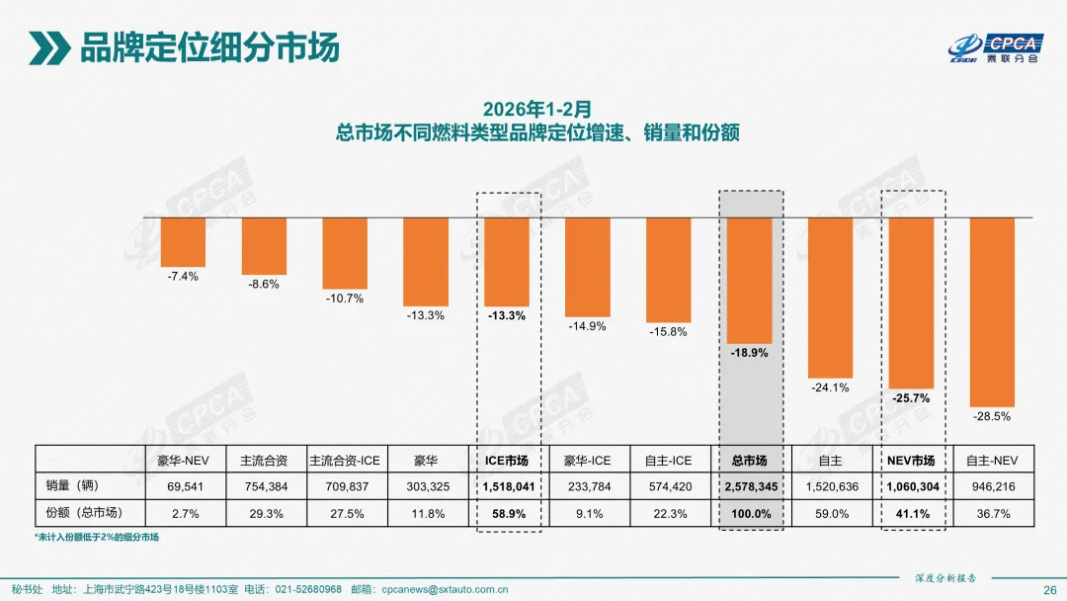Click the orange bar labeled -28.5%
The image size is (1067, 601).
coord(992,310)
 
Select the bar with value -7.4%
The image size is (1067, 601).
coord(183,241)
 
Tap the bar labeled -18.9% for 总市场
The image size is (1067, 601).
coord(750,280)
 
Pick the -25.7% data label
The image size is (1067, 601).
coord(911,397)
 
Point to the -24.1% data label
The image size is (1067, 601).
coord(830,387)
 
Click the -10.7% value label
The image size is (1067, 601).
coord(345,299)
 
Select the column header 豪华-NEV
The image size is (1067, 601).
coord(183,461)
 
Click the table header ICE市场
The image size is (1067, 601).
coord(507,461)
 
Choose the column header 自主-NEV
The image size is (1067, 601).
coord(992,461)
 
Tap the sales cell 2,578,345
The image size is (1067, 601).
coord(750,486)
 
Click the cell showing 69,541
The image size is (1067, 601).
coord(183,486)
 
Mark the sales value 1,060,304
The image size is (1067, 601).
coord(911,486)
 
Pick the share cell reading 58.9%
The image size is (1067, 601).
coord(507,514)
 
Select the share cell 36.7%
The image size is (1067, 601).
coord(992,514)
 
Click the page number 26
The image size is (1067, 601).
coord(1049,589)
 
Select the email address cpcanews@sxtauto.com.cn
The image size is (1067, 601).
coord(444,589)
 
